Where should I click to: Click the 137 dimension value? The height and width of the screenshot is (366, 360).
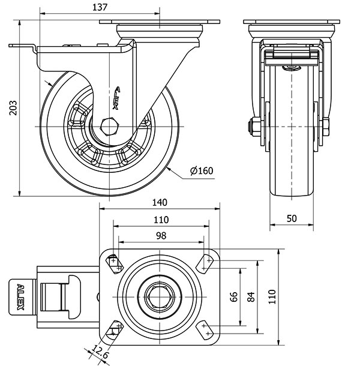[101, 7]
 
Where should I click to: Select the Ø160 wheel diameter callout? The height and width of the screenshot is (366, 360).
[202, 171]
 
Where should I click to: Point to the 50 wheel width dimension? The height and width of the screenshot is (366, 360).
[292, 218]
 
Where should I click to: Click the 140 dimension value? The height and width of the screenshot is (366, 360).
[160, 202]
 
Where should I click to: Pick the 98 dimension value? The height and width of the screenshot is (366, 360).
[161, 236]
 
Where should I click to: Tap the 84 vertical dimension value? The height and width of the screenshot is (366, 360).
[251, 296]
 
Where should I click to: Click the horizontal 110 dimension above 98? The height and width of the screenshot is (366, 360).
[161, 219]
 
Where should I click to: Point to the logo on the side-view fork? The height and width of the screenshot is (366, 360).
[117, 98]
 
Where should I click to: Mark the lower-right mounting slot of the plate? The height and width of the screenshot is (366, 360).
[207, 329]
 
